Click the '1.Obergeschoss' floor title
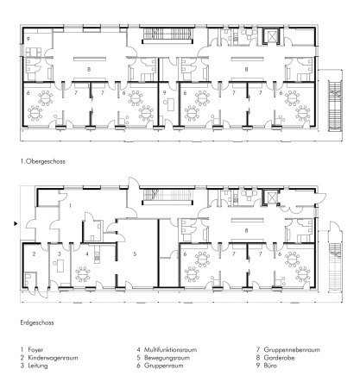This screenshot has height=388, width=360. (x=42, y=161)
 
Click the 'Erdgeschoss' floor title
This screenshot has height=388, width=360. (x=37, y=322)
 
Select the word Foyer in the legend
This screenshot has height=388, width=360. (x=35, y=350)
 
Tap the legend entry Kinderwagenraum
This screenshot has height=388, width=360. (x=53, y=358)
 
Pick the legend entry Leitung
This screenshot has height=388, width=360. (x=38, y=366)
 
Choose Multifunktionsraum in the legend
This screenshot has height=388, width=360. (x=170, y=350)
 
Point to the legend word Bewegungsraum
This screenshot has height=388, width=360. (x=167, y=358)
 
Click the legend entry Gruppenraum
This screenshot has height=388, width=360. (x=163, y=366)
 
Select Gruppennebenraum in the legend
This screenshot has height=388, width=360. (x=292, y=350)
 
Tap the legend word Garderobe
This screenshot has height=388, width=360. (x=279, y=358)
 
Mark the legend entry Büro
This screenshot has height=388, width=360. (x=270, y=366)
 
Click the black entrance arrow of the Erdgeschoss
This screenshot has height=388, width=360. (x=16, y=223)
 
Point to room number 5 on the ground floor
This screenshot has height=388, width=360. (x=135, y=254)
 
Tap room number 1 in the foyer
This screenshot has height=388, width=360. (x=70, y=205)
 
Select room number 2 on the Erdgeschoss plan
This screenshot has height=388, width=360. (x=34, y=254)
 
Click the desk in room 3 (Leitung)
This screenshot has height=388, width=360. (x=60, y=266)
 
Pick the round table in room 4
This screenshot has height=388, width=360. (x=83, y=274)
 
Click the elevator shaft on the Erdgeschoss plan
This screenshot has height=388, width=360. (x=271, y=197)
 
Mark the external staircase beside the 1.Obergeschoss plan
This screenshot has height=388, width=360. (x=334, y=106)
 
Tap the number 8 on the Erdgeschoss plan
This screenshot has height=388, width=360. (x=246, y=230)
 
